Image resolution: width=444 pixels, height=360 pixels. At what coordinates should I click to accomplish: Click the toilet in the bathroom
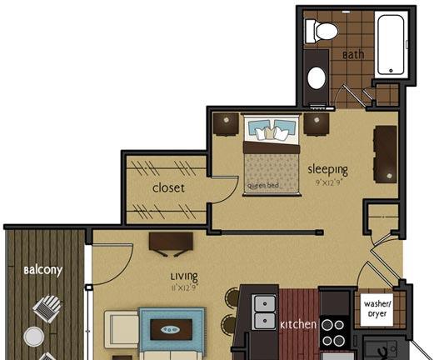point(322,31)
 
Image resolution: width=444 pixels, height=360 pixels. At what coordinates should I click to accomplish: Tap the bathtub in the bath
point(391,45)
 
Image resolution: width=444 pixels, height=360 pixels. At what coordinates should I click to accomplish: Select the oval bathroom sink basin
point(317,77)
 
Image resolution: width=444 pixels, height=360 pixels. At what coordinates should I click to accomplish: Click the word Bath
point(353,54)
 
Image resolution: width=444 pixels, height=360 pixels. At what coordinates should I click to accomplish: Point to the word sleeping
point(327,169)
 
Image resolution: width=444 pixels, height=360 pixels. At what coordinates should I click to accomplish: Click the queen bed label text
point(263,186)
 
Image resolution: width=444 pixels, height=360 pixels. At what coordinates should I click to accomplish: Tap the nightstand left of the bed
point(226,125)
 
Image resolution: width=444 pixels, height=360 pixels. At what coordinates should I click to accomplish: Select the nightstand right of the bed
point(317,124)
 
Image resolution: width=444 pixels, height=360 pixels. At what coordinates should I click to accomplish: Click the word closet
point(168,187)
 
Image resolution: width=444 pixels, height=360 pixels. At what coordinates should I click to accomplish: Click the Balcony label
point(42,270)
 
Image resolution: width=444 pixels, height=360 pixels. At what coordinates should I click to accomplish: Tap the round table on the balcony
point(34,337)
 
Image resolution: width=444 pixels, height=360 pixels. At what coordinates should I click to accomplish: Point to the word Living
point(184,276)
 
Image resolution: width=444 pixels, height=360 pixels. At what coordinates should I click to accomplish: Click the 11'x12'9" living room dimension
point(184,288)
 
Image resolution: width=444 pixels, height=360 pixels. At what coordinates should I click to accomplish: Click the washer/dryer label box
point(377,309)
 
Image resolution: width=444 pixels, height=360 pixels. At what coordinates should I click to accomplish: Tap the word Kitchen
point(298,325)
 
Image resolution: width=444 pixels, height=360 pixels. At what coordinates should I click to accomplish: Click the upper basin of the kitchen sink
point(265,303)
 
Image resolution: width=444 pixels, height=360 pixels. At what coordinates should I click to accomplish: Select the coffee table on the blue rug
point(171,329)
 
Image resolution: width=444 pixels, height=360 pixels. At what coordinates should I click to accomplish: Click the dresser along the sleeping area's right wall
point(386,154)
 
